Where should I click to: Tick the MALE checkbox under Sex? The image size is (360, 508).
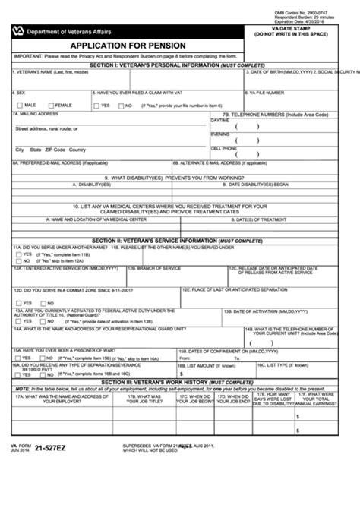click(x=17, y=105)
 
